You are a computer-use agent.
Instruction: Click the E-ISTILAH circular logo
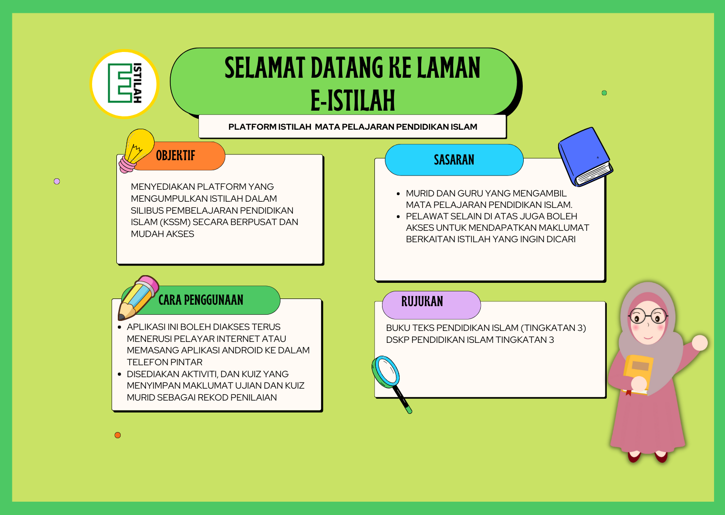coord(124,84)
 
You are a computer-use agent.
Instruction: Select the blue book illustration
coord(586,157)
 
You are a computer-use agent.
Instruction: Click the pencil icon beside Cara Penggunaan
coord(138,298)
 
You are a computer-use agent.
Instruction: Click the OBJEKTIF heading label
coord(176,155)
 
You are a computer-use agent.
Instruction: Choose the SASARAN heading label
coord(454,160)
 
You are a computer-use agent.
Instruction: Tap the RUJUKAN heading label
coord(422,301)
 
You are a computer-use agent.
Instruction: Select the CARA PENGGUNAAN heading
coord(201,300)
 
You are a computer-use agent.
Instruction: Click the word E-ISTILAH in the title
coord(353,100)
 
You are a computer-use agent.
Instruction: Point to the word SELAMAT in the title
coord(265,68)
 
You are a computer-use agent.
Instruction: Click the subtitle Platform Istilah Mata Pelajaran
coord(353,127)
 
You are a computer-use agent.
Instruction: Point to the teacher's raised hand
coord(699,342)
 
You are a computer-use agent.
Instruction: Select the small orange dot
coord(117,435)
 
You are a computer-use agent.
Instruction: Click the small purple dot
coord(57,182)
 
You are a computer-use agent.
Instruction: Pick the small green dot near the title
coord(604,93)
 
